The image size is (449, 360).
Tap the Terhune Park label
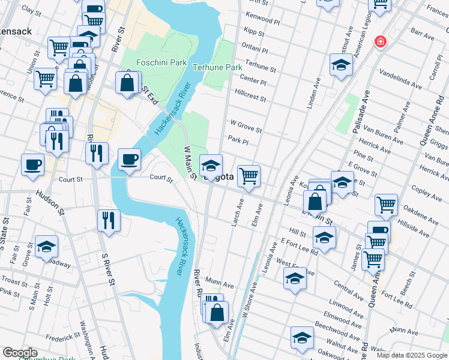217,68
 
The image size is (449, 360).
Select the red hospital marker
380,42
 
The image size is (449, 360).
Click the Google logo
20,353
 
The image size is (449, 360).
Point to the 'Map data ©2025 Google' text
411,355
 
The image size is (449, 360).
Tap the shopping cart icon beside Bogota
249,176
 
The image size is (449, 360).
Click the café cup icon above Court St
130,160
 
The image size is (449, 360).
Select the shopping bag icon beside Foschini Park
127,83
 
